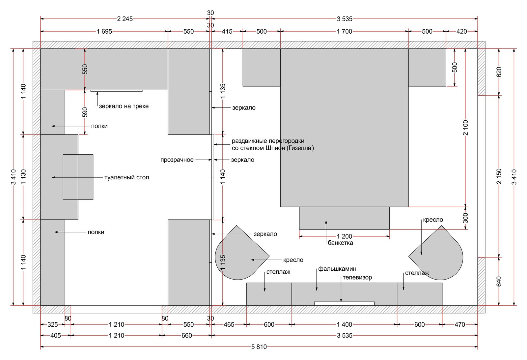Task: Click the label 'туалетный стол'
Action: click(126, 177)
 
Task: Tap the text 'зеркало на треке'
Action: click(124, 106)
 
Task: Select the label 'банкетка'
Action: click(340, 243)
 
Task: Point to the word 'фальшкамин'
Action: click(337, 269)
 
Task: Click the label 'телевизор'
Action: click(357, 277)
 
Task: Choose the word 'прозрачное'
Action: click(177, 160)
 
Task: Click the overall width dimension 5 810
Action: click(259, 347)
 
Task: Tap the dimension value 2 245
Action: click(125, 19)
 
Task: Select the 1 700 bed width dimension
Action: click(345, 31)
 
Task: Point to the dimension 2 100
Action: click(465, 128)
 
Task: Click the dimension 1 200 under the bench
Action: click(345, 236)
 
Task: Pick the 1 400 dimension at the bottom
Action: click(345, 324)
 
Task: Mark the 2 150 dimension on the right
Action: click(499, 176)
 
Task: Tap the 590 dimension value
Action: click(85, 112)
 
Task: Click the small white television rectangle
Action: click(344, 304)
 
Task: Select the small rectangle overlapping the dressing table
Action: click(78, 177)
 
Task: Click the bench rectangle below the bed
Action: click(345, 218)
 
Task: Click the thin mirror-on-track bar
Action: click(117, 91)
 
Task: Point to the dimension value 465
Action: click(229, 324)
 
